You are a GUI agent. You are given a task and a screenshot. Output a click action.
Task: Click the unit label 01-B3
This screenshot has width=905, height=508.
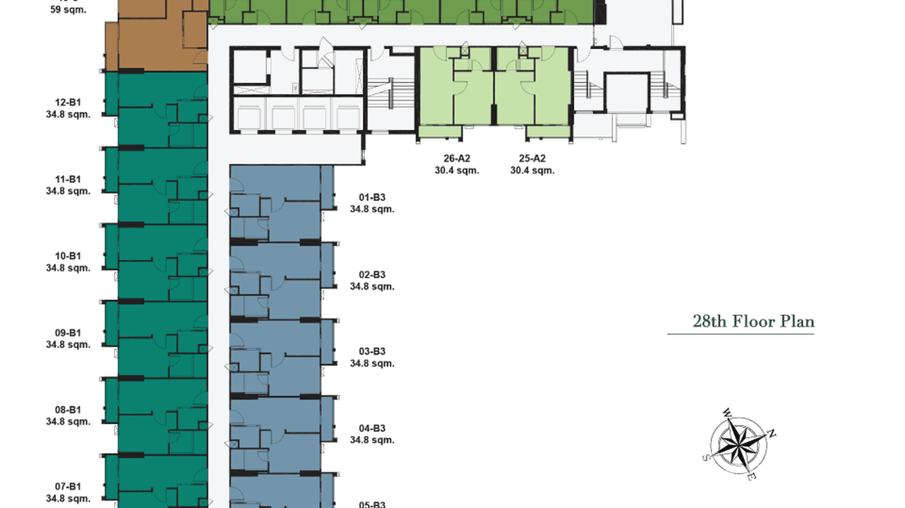[x=372, y=198]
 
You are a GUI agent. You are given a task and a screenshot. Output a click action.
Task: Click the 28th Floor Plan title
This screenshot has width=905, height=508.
[x=753, y=321]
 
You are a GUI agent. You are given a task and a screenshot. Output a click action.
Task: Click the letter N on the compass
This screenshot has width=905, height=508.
[x=773, y=433]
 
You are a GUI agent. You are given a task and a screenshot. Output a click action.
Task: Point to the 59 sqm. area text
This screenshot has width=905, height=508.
[x=68, y=11]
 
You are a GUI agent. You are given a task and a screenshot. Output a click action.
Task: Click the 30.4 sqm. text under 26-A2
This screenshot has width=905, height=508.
[x=457, y=171]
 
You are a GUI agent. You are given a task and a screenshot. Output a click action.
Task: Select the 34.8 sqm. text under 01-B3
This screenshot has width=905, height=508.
[x=372, y=210]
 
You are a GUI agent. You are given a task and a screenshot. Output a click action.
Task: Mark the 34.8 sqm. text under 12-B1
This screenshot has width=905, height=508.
[x=68, y=115]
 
